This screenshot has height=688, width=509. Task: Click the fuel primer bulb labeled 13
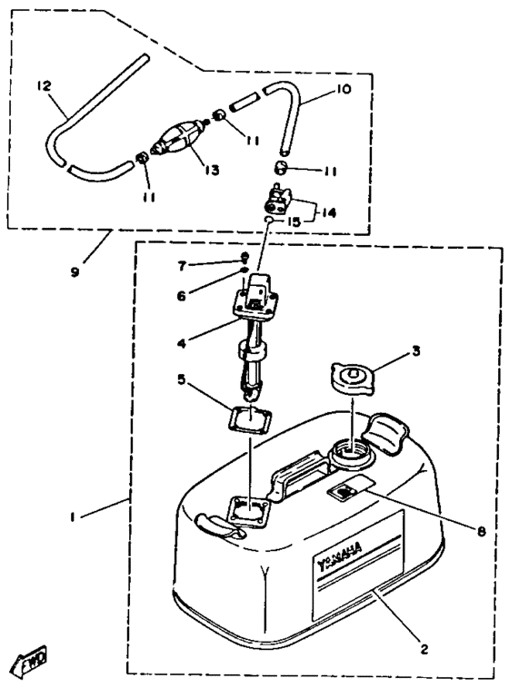[x=179, y=136]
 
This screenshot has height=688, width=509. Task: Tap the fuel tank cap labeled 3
[x=352, y=378]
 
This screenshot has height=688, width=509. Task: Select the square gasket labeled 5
[x=249, y=418]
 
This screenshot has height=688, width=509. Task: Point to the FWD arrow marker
[x=30, y=661]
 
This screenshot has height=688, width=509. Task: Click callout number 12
[x=44, y=85]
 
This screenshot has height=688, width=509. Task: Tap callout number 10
[x=344, y=89]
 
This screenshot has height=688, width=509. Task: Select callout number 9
[x=75, y=272]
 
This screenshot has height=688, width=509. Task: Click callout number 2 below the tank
[x=424, y=649]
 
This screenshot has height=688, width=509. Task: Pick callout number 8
[x=482, y=531]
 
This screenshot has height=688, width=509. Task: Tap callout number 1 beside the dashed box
[x=72, y=517]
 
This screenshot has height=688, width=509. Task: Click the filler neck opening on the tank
[x=351, y=452]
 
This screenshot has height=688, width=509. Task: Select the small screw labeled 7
[x=245, y=256]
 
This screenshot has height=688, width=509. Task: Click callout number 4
[x=181, y=343]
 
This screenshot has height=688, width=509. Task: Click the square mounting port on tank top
[x=248, y=512]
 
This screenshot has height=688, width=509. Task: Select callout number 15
[x=294, y=222]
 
